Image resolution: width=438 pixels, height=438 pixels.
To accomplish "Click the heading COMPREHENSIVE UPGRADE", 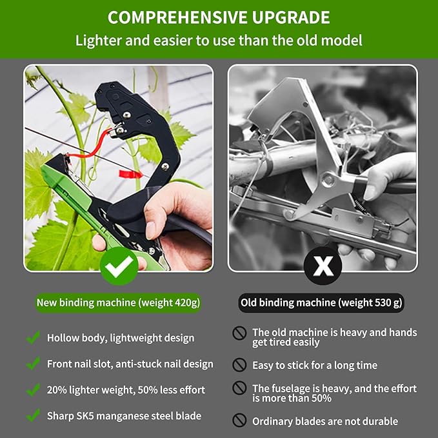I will point(219,17).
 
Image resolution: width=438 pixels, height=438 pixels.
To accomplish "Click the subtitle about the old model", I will point(219,41).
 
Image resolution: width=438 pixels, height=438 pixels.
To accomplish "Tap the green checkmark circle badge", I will point(119,264).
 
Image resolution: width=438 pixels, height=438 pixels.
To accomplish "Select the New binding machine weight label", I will point(118,302).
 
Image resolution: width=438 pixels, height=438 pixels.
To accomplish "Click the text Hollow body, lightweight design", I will point(120,338).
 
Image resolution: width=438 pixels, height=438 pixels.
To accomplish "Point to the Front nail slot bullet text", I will point(130,364).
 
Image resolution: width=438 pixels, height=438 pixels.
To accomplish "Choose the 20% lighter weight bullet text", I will point(126,390).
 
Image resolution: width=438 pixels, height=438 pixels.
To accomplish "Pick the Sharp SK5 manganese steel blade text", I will point(124,415).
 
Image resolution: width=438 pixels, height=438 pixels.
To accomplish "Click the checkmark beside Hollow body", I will point(33,337).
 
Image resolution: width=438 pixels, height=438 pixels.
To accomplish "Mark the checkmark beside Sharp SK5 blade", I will point(33,415).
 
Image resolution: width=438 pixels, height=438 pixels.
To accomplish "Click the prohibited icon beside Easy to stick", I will point(240,365).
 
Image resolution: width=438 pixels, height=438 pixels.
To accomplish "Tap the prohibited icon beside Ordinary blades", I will point(240,421).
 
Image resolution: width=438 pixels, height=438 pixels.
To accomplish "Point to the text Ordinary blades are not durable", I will point(325,421).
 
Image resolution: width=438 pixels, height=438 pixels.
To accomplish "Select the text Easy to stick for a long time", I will point(315,365).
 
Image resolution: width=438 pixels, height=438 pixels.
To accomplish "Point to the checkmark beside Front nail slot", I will point(33,364).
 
